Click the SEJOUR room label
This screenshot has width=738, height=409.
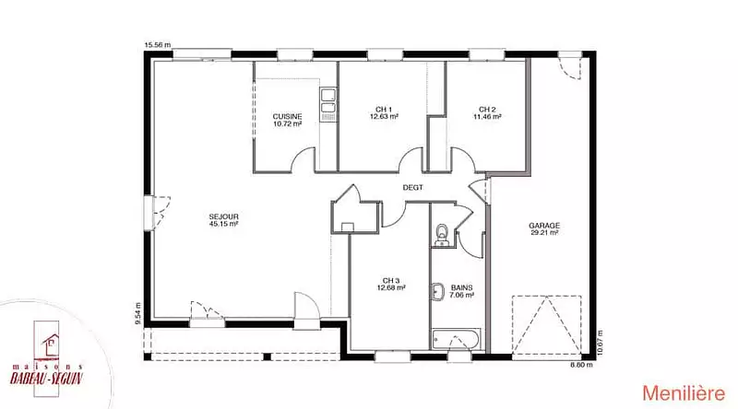(x=223, y=216)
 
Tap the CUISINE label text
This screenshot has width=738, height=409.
(x=287, y=117)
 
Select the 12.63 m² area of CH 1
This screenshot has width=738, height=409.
(x=384, y=117)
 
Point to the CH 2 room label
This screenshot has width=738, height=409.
(x=487, y=110)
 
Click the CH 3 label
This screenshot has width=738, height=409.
(x=391, y=281)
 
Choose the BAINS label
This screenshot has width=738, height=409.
(x=462, y=287)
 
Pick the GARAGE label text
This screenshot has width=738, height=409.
(x=544, y=226)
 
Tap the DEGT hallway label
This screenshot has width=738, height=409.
(x=412, y=188)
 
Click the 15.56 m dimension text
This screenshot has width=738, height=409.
(x=158, y=45)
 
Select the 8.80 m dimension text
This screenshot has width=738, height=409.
(x=582, y=365)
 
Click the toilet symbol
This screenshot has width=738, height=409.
(x=442, y=234)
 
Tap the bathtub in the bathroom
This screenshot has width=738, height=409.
(x=456, y=339)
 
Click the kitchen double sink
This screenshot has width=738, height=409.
(x=327, y=102)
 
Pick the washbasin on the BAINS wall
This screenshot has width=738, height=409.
(x=437, y=291)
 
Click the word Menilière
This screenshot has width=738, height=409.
(x=684, y=393)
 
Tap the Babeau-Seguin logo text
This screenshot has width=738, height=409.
(x=47, y=378)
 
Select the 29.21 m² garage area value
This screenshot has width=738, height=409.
(x=544, y=233)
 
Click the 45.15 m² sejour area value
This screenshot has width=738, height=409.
(x=223, y=224)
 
